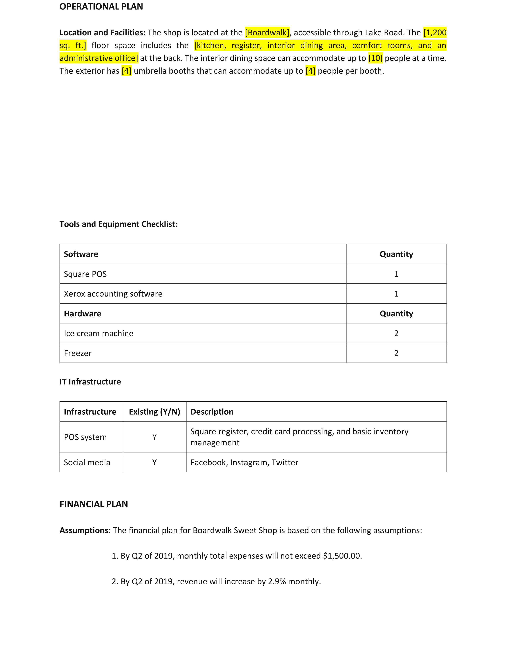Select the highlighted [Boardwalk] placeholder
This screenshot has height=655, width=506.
(x=267, y=32)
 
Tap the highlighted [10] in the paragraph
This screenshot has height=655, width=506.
(x=375, y=58)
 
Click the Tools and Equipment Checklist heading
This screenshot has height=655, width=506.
(x=118, y=224)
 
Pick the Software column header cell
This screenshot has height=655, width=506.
(x=81, y=254)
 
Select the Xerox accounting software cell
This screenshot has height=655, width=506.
(x=113, y=294)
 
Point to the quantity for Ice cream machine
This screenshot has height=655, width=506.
(x=396, y=333)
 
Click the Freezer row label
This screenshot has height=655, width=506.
(x=78, y=353)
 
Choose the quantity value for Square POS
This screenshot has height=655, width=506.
(x=396, y=274)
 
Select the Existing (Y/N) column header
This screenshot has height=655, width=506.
(x=154, y=411)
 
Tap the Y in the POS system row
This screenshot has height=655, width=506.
(x=154, y=437)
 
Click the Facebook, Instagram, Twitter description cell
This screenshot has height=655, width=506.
(x=244, y=462)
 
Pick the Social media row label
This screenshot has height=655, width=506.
(x=87, y=462)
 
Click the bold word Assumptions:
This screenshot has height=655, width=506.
(x=85, y=530)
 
